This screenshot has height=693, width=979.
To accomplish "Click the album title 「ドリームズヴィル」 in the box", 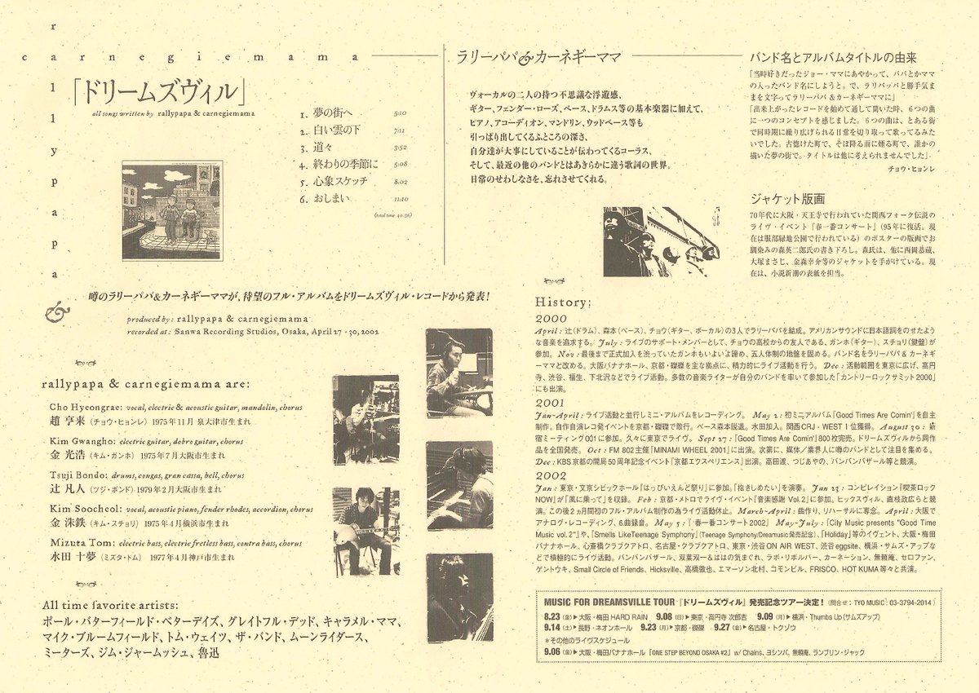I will click(x=158, y=90).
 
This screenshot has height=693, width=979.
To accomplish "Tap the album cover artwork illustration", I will click(x=171, y=210).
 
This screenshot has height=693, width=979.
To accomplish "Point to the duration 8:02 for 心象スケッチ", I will click(x=400, y=182).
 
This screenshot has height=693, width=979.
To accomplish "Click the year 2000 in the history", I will click(x=551, y=319).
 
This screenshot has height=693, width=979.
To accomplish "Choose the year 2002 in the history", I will click(x=551, y=475).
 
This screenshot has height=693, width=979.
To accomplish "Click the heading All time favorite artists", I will click(x=111, y=604).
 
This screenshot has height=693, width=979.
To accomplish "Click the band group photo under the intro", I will click(x=661, y=241).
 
